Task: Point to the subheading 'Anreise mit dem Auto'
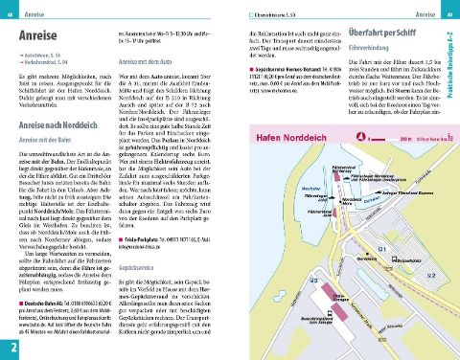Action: click(x=148, y=58)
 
